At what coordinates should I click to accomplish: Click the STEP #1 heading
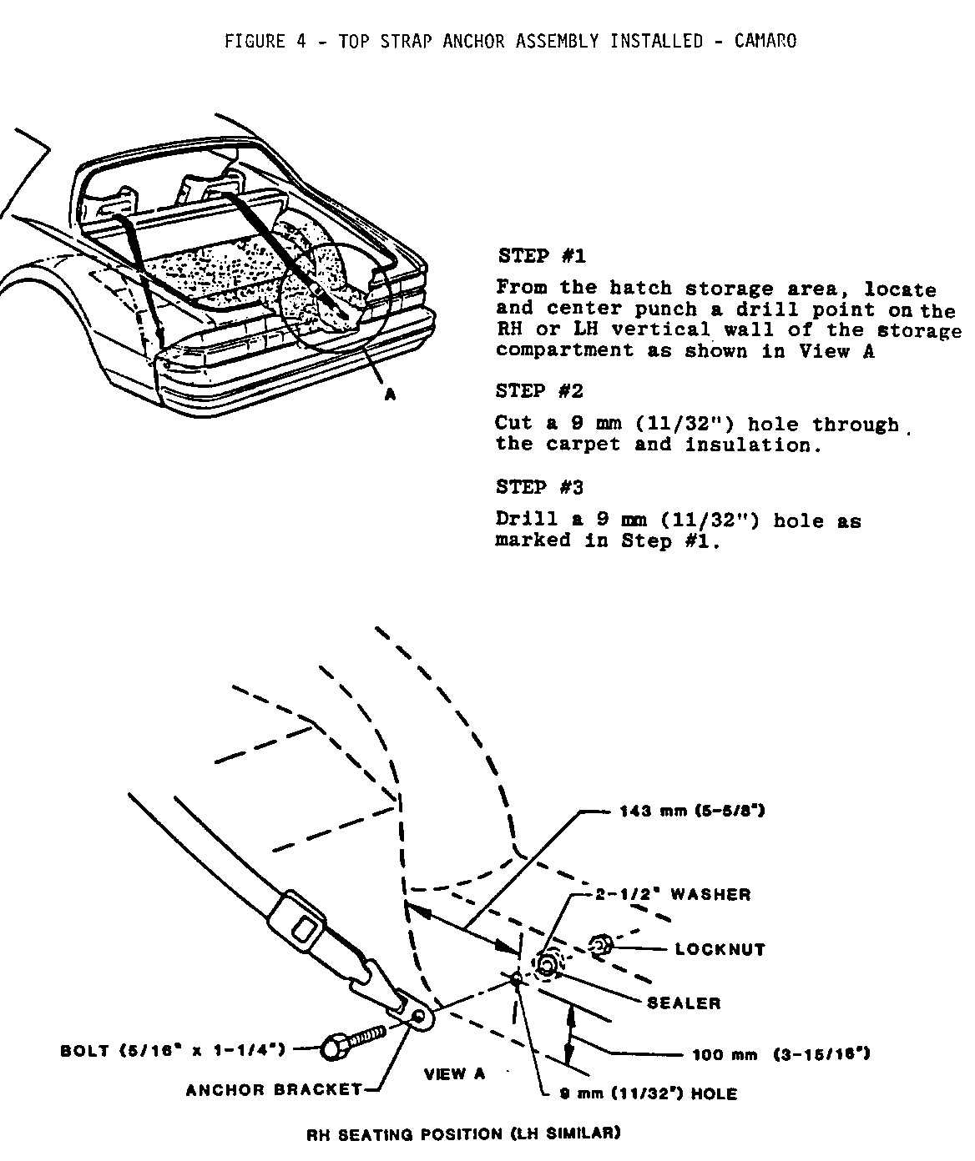tap(542, 255)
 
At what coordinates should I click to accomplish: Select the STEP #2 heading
tap(539, 390)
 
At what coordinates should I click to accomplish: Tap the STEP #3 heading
tap(539, 486)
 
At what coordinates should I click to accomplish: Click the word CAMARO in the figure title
tap(765, 41)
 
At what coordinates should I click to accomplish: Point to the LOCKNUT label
tap(720, 949)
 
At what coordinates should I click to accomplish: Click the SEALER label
tap(684, 1003)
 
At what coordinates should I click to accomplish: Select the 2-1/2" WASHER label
tap(672, 895)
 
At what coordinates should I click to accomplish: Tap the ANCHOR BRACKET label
tap(274, 1089)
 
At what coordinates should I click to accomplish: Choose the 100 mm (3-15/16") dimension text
tap(781, 1054)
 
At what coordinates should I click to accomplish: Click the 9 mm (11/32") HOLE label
tap(648, 1093)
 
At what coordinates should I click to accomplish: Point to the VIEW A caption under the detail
tap(454, 1073)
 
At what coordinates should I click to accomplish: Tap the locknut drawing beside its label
tap(600, 946)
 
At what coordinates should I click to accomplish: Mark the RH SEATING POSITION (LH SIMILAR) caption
tap(463, 1133)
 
